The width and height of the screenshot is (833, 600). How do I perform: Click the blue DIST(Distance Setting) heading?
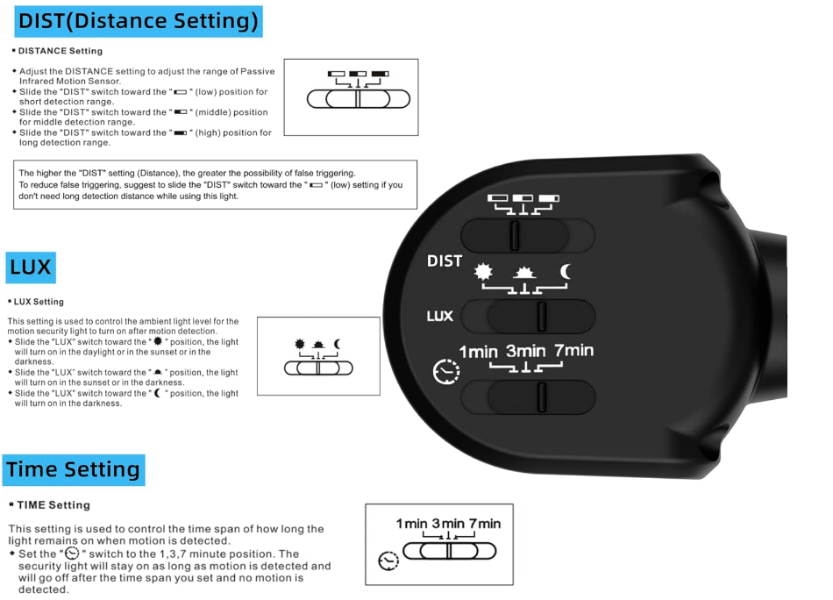pyautogui.click(x=139, y=21)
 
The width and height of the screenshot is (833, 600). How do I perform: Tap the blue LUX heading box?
pyautogui.click(x=31, y=268)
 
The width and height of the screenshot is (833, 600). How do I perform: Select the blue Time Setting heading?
pyautogui.click(x=74, y=470)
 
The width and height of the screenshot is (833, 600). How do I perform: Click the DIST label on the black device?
pyautogui.click(x=445, y=261)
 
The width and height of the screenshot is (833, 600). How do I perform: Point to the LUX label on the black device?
pyautogui.click(x=440, y=316)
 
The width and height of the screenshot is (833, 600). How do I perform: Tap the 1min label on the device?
pyautogui.click(x=478, y=352)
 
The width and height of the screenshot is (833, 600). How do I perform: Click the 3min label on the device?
pyautogui.click(x=525, y=351)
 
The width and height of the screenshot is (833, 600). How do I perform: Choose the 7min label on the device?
pyautogui.click(x=573, y=350)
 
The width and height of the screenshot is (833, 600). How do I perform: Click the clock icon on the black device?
pyautogui.click(x=446, y=371)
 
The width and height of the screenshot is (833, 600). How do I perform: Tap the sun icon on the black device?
pyautogui.click(x=483, y=272)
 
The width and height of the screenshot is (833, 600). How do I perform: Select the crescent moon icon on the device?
pyautogui.click(x=566, y=272)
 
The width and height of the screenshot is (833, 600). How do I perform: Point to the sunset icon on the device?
pyautogui.click(x=524, y=273)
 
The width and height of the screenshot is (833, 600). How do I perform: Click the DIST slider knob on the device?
pyautogui.click(x=514, y=235)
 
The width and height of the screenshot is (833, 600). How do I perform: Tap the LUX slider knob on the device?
pyautogui.click(x=541, y=316)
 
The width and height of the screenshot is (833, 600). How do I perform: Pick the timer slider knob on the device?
pyautogui.click(x=541, y=397)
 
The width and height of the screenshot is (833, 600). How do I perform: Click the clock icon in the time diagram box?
pyautogui.click(x=388, y=561)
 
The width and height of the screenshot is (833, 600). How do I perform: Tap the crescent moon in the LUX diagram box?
pyautogui.click(x=337, y=345)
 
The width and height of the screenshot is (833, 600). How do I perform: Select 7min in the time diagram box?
pyautogui.click(x=485, y=524)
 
